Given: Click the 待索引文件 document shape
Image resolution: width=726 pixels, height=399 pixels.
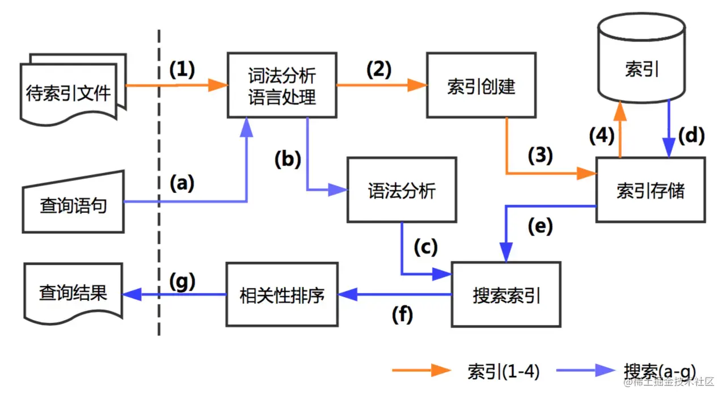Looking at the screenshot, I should pos(71,92).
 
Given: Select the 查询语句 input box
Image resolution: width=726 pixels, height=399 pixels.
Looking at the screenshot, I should pos(73,204).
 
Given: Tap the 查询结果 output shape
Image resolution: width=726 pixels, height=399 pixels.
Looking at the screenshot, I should pos(73,293).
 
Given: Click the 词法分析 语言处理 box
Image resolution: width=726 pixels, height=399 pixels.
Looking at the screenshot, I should pos(281,86).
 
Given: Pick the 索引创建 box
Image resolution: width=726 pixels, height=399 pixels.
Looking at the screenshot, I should pos(481,86).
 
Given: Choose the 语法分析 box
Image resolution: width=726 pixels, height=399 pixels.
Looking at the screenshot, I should pos(402,190).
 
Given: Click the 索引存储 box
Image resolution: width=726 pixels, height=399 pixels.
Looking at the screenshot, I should pos(651,190).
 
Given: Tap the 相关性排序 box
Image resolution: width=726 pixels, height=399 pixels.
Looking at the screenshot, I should pos(282,295).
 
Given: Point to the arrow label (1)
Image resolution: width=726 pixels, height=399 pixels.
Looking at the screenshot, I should pos(182,69).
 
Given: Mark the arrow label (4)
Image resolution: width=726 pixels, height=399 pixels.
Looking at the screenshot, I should pos(601,136).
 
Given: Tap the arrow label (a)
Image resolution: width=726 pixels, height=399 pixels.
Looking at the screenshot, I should pos(183,183).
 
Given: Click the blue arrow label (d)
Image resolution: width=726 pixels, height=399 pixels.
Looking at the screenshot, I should pos(691,136).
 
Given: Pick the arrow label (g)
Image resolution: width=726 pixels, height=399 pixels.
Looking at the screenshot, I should pos(182,280).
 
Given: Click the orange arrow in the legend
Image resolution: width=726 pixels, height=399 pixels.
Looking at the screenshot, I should pos(421,371).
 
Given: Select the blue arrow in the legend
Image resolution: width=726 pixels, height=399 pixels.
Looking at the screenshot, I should pos(585,371).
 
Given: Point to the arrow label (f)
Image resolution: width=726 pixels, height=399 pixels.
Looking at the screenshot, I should pos(402,314).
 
